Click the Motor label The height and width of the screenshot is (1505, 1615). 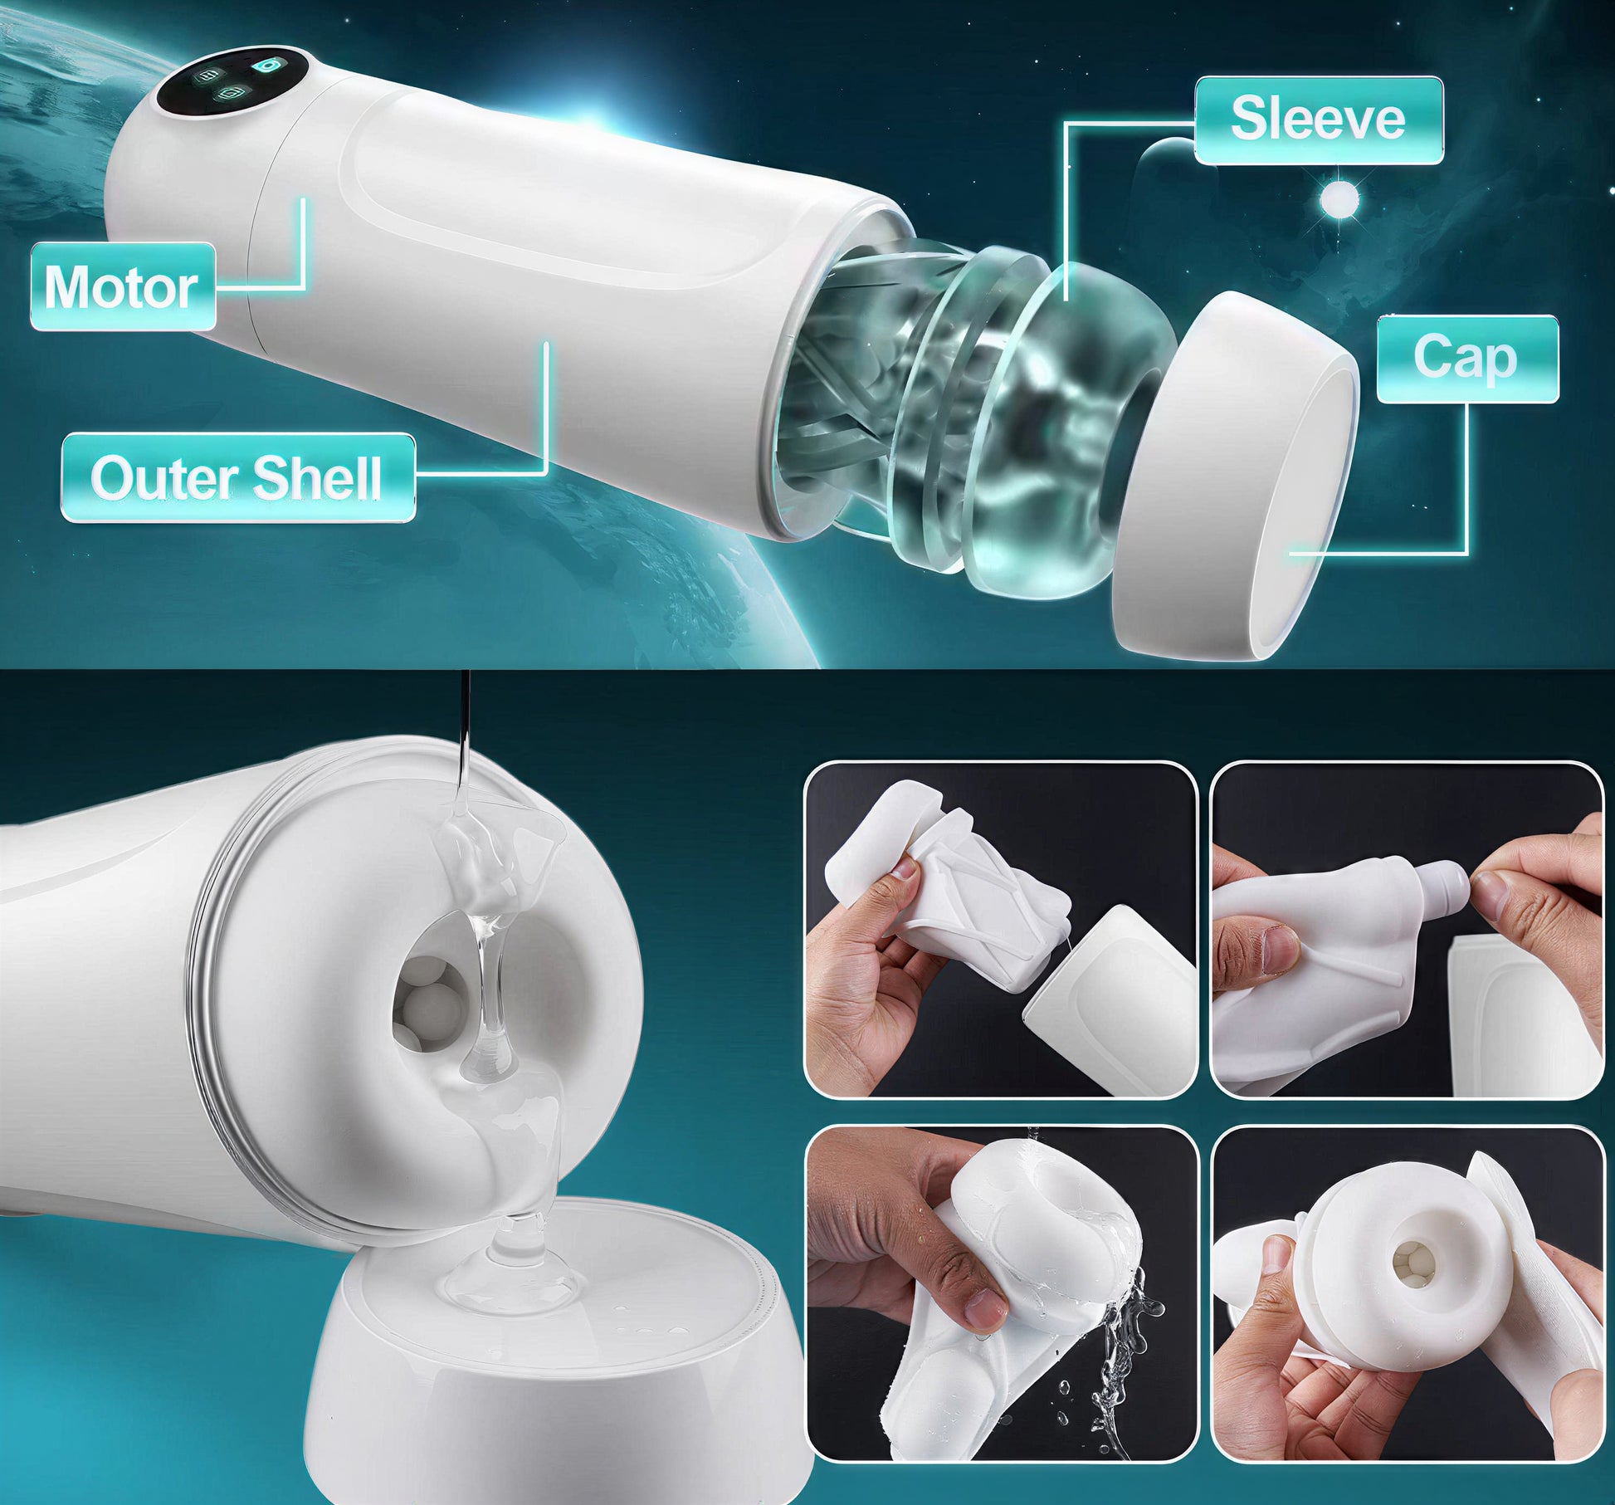click(121, 287)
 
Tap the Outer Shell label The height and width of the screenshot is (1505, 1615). click(238, 477)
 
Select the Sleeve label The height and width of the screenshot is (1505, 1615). click(1318, 119)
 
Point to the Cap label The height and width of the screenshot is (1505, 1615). click(1466, 358)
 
